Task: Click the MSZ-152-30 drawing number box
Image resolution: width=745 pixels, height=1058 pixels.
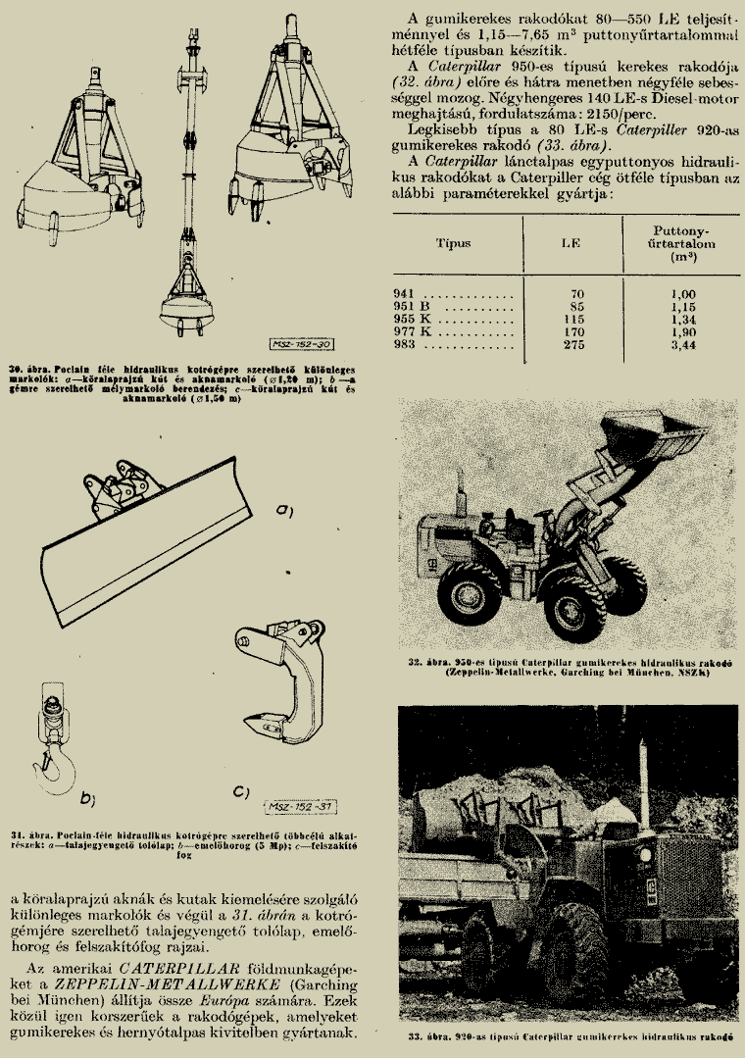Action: pyautogui.click(x=300, y=344)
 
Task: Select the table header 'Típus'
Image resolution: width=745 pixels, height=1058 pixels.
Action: pyautogui.click(x=453, y=243)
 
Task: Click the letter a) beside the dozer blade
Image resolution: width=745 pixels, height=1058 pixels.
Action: pyautogui.click(x=286, y=510)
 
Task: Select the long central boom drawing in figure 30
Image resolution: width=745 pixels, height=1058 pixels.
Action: pyautogui.click(x=187, y=176)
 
